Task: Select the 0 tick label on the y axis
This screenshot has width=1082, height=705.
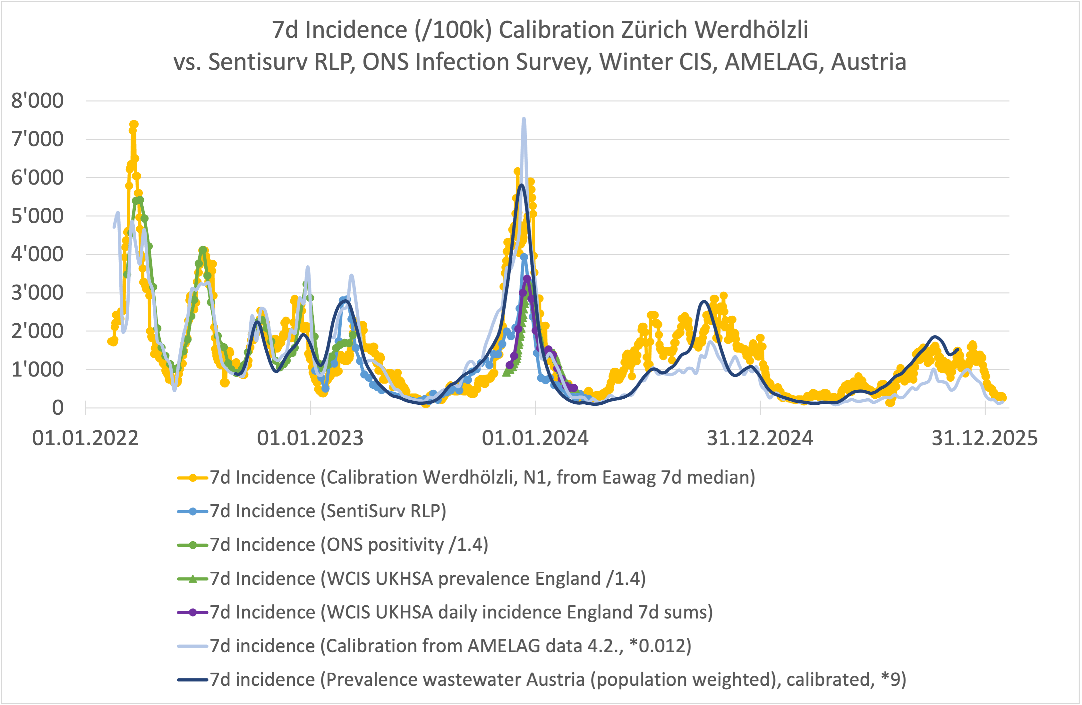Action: click(x=57, y=408)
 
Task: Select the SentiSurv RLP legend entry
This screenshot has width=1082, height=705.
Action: click(x=327, y=511)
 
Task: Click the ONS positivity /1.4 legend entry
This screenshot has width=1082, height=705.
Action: click(x=348, y=545)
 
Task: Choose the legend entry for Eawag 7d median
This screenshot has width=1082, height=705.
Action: click(x=482, y=477)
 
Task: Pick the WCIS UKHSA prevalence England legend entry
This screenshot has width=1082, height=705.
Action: click(x=427, y=579)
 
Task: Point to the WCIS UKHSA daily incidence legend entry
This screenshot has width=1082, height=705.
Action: click(x=461, y=612)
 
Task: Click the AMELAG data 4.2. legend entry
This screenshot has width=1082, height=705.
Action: click(x=450, y=646)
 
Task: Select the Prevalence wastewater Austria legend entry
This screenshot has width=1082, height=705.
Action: click(x=558, y=680)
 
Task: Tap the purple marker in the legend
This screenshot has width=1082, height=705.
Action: click(x=193, y=612)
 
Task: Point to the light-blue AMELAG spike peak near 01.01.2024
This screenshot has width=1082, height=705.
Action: click(x=524, y=119)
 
